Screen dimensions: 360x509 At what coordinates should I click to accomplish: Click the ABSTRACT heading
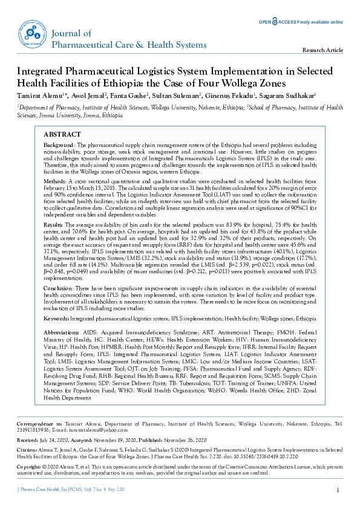tap(63, 134)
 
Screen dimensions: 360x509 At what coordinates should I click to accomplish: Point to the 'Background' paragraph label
tap(59, 146)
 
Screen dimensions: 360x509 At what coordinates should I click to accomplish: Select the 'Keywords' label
tap(57, 317)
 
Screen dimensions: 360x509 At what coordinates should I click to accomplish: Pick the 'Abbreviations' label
tap(62, 332)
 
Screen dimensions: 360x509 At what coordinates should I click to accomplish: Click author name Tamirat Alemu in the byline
tap(41, 95)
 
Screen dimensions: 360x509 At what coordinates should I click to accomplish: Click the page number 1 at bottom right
tap(337, 490)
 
